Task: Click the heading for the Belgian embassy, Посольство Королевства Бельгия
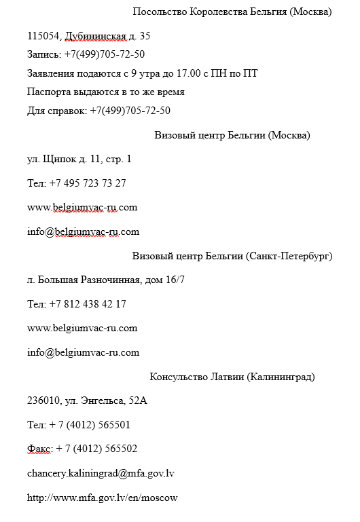coord(232,12)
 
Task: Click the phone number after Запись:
coord(105,54)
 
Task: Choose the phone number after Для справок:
coord(130,110)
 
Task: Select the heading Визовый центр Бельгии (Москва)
coord(232,134)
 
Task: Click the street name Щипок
coord(55,159)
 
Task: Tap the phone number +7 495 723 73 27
coord(88,183)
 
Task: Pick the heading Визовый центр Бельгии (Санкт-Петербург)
coord(232,256)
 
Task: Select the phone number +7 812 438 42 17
coord(88,304)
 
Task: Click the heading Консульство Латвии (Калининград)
coord(232,377)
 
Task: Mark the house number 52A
coord(138,401)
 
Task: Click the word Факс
coord(39,449)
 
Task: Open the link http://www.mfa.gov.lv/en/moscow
coord(103,498)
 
